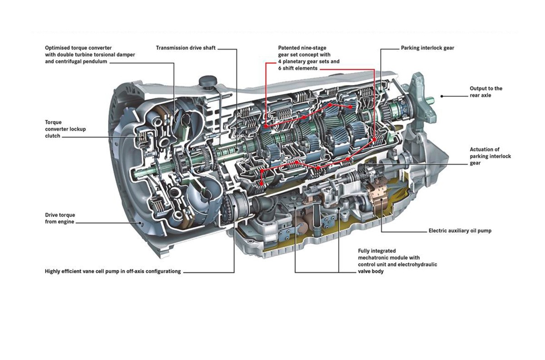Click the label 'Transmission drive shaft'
click(x=186, y=48)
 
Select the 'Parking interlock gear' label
click(x=427, y=48)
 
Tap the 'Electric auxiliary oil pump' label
click(x=460, y=230)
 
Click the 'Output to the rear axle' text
click(x=486, y=92)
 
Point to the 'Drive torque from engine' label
click(x=60, y=218)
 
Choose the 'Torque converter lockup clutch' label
click(x=65, y=129)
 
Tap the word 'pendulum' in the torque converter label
click(x=96, y=61)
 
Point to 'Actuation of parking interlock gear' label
click(x=490, y=156)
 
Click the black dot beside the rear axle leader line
click(x=442, y=96)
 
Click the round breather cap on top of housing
click(x=208, y=81)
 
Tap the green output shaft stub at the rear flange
click(x=430, y=100)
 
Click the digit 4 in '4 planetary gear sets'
click(x=280, y=61)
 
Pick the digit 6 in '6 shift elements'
click(x=280, y=68)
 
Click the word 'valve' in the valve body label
click(x=364, y=271)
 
